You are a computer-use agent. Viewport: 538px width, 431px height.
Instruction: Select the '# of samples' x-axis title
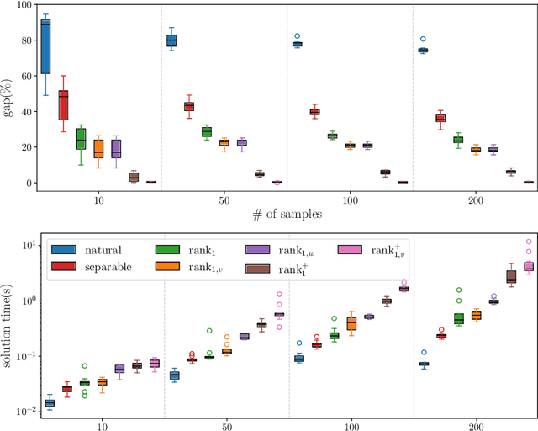[287, 215]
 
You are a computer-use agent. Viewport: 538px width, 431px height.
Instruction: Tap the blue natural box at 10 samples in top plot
[45, 47]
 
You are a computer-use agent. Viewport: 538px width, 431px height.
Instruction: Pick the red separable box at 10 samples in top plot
[63, 105]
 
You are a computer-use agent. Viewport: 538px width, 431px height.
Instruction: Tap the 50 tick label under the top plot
[225, 200]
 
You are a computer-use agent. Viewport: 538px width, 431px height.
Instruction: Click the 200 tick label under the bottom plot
[475, 427]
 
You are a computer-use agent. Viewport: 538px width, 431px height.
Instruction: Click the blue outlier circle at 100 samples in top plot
[297, 36]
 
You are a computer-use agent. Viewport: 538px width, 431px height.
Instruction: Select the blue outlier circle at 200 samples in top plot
[423, 39]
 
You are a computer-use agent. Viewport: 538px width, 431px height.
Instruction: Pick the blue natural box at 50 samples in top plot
[171, 40]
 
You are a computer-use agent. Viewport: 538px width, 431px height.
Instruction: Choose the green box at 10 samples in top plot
[81, 139]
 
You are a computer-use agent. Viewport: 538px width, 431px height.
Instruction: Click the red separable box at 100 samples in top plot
[314, 111]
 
